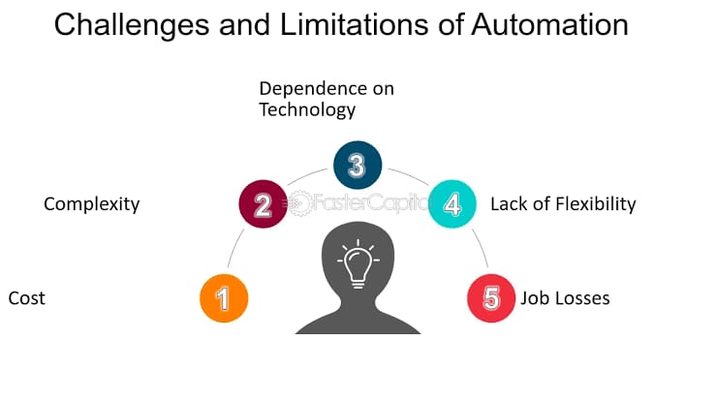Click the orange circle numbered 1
click(224, 298)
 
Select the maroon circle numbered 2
click(263, 204)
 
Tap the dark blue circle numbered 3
click(358, 165)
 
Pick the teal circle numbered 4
click(452, 204)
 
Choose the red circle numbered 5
click(491, 298)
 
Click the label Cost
click(26, 298)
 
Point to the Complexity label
click(92, 204)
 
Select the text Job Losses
click(565, 298)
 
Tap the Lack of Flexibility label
click(563, 204)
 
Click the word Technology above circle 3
click(307, 110)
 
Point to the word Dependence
click(314, 88)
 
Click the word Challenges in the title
click(132, 25)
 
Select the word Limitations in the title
click(354, 24)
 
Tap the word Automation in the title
click(549, 24)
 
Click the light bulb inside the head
click(358, 265)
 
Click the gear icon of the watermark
click(299, 203)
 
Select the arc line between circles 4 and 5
click(481, 248)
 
